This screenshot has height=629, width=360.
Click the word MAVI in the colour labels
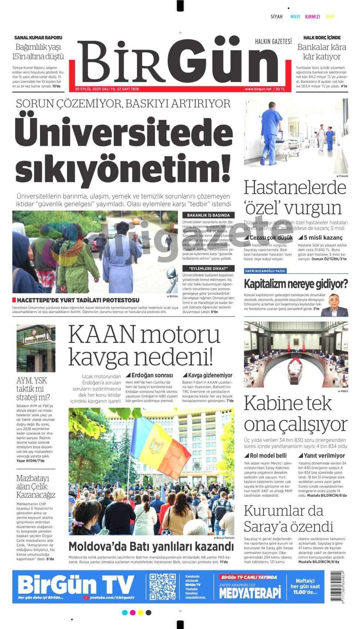tap(295, 17)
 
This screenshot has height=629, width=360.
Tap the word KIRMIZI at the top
tap(312, 17)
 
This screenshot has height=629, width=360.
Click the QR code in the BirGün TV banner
tap(163, 587)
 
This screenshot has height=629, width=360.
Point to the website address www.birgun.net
tap(258, 89)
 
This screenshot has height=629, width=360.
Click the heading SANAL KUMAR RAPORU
tap(38, 38)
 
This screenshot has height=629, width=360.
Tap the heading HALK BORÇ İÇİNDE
tap(322, 38)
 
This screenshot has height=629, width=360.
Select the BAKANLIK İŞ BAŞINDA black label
tap(208, 215)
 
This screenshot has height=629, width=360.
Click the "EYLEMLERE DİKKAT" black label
tap(208, 269)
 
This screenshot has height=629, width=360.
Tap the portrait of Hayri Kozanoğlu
tap(334, 305)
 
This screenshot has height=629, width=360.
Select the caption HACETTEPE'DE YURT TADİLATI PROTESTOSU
tap(78, 300)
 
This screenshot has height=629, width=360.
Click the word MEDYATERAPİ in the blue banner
tap(250, 593)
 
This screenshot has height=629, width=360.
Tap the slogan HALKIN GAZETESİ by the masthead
tap(273, 41)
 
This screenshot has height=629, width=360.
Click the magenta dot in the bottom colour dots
tap(132, 613)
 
